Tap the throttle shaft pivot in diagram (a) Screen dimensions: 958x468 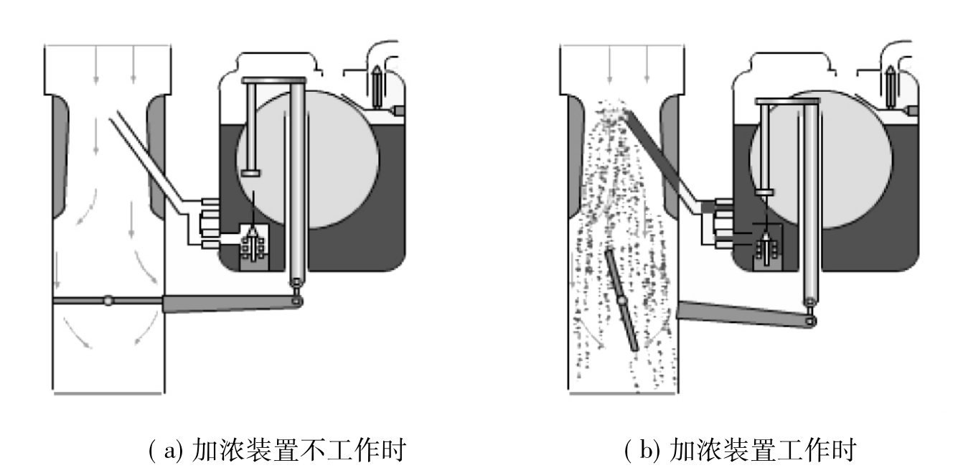pyautogui.click(x=108, y=300)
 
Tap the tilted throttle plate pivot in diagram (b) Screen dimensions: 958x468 pyautogui.click(x=622, y=301)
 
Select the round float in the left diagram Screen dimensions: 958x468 pyautogui.click(x=308, y=159)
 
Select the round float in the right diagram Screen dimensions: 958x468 pyautogui.click(x=821, y=159)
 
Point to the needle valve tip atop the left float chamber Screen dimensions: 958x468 pyautogui.click(x=376, y=69)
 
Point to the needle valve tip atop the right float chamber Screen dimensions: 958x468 pyautogui.click(x=891, y=69)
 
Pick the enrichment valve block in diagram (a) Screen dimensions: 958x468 pyautogui.click(x=255, y=247)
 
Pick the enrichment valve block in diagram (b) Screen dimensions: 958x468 pyautogui.click(x=767, y=247)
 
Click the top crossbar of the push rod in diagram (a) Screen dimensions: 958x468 pyautogui.click(x=273, y=80)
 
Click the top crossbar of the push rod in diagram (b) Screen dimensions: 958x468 pyautogui.click(x=787, y=101)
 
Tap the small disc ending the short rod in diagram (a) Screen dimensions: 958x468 pyautogui.click(x=250, y=173)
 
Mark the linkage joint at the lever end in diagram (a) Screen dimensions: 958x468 pyautogui.click(x=296, y=301)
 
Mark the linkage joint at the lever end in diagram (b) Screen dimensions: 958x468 pyautogui.click(x=809, y=321)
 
